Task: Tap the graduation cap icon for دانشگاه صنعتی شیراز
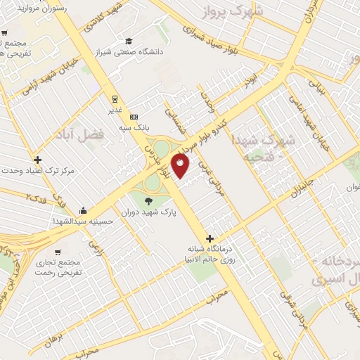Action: (x=129, y=41)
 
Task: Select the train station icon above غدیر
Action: (x=113, y=99)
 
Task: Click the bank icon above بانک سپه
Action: (x=134, y=116)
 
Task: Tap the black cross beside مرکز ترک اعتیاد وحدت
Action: (x=37, y=160)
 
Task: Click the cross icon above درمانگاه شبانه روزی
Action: (x=210, y=238)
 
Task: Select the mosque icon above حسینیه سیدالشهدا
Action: (x=84, y=210)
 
